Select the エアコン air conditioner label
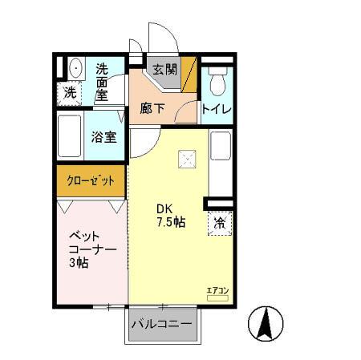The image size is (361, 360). pos(217,290)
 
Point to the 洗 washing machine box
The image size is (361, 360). pos(71,92)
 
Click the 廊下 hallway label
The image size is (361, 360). pos(152,108)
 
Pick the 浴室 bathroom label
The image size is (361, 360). pos(105,136)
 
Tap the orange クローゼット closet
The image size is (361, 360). pos(90,180)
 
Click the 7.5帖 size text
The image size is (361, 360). pos(170,222)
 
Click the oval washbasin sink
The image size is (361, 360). pos(74,67)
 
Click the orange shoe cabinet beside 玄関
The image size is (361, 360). pos(189,72)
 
